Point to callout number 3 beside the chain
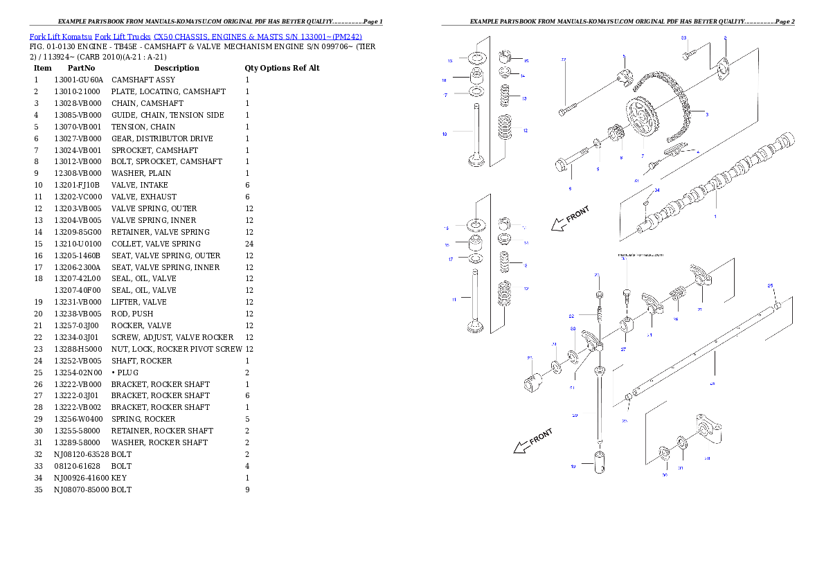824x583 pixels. tap(706, 114)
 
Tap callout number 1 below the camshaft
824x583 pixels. tap(715, 216)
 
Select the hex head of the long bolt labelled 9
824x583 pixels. tap(562, 167)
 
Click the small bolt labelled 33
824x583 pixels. tap(687, 53)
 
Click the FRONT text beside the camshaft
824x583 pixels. tap(578, 215)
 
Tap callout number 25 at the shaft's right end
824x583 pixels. tap(770, 285)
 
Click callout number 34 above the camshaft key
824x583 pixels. tap(657, 190)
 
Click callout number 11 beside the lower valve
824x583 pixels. tap(454, 300)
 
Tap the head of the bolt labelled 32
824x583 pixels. tap(562, 111)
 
